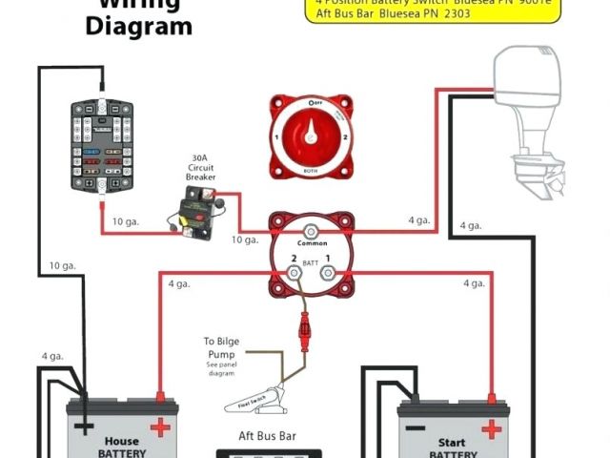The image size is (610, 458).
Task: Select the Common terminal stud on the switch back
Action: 310,232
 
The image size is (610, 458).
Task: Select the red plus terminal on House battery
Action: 160,424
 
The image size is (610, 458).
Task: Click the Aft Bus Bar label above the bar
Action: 270,436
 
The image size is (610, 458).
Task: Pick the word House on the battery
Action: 121,441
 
